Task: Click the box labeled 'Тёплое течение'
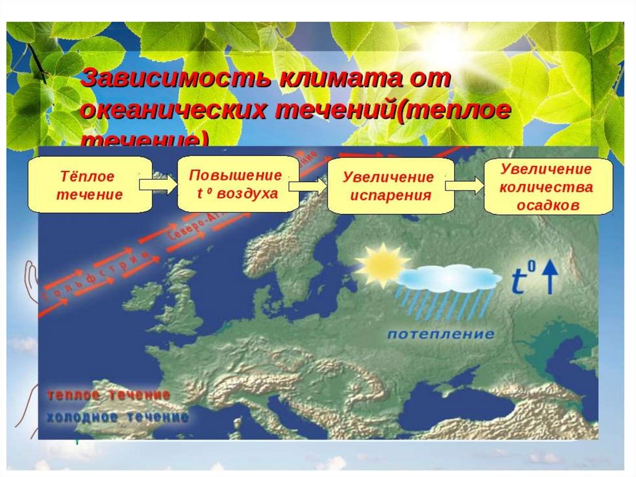coord(89,185)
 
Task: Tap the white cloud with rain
coord(448,280)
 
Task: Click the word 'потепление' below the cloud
coord(441,335)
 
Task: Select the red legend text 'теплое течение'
coord(108,396)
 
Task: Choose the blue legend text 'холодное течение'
coord(117,417)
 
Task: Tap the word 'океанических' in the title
coord(173,111)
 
